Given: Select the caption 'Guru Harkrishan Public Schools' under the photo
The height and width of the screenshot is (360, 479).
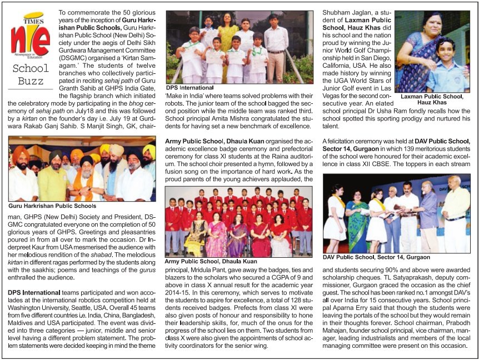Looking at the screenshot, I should tap(52, 206).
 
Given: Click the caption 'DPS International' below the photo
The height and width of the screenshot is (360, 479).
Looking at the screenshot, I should tap(189, 88).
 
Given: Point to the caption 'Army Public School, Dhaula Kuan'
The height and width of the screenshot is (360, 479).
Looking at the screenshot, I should tap(211, 261).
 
